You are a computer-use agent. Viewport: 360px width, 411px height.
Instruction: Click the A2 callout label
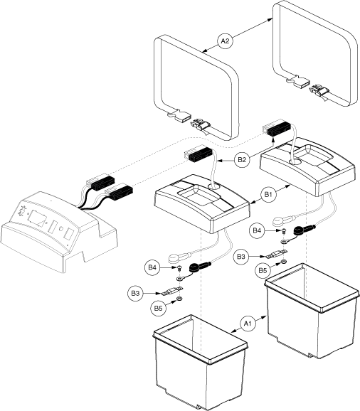(x=226, y=42)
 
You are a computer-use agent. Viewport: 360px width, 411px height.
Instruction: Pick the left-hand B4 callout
(x=153, y=267)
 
